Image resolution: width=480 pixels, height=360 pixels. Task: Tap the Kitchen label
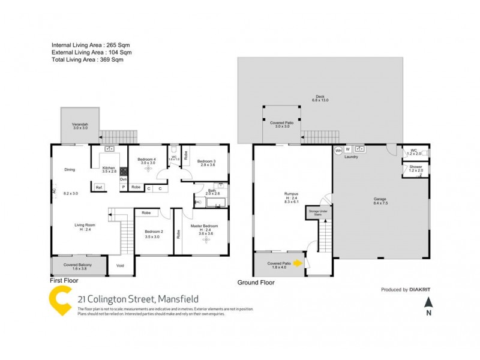(109, 168)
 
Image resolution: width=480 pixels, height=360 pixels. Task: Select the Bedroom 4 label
(148, 159)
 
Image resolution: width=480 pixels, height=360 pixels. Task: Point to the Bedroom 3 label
(206, 161)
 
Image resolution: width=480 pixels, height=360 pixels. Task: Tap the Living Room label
(84, 226)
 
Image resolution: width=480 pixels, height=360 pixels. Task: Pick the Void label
(120, 265)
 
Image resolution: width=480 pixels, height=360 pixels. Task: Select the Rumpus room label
(292, 194)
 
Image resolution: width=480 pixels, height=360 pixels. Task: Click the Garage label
(380, 199)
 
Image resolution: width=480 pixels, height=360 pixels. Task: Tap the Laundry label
(351, 157)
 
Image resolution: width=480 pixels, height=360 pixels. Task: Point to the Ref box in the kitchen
(98, 187)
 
